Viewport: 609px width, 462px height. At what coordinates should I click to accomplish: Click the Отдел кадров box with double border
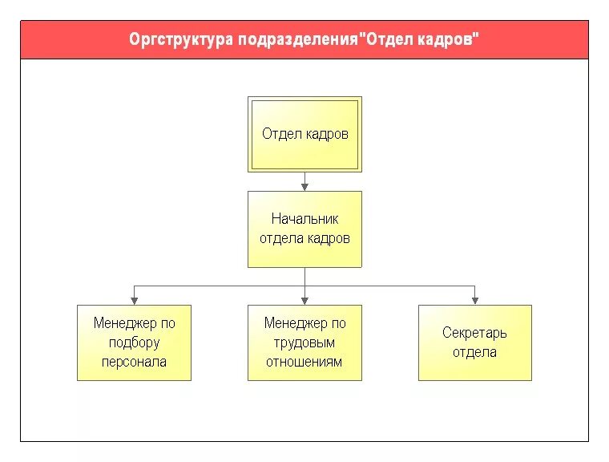[304, 135]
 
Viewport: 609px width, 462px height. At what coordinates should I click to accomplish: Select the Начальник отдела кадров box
[304, 229]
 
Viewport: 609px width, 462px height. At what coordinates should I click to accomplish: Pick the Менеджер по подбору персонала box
[134, 342]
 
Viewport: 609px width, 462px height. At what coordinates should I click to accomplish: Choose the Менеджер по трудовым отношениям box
[304, 342]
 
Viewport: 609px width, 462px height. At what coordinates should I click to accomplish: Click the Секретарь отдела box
[474, 342]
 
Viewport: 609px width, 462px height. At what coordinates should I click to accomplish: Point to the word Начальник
[304, 219]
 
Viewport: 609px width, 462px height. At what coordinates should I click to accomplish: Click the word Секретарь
[474, 333]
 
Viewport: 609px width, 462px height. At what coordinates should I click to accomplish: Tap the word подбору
[134, 342]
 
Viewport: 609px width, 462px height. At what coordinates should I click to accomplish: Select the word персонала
[134, 362]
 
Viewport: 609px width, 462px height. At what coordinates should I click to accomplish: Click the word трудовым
[304, 342]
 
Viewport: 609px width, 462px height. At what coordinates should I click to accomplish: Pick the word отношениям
[304, 362]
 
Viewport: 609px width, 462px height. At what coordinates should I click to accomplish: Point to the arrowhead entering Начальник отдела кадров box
[304, 186]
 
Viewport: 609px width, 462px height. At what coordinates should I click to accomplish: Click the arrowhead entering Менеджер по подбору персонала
[134, 300]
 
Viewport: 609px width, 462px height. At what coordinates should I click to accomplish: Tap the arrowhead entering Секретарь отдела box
[474, 300]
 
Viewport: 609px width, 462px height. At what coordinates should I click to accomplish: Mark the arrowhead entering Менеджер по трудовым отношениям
[304, 300]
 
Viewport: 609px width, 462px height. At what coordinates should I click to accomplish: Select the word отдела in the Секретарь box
[474, 352]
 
